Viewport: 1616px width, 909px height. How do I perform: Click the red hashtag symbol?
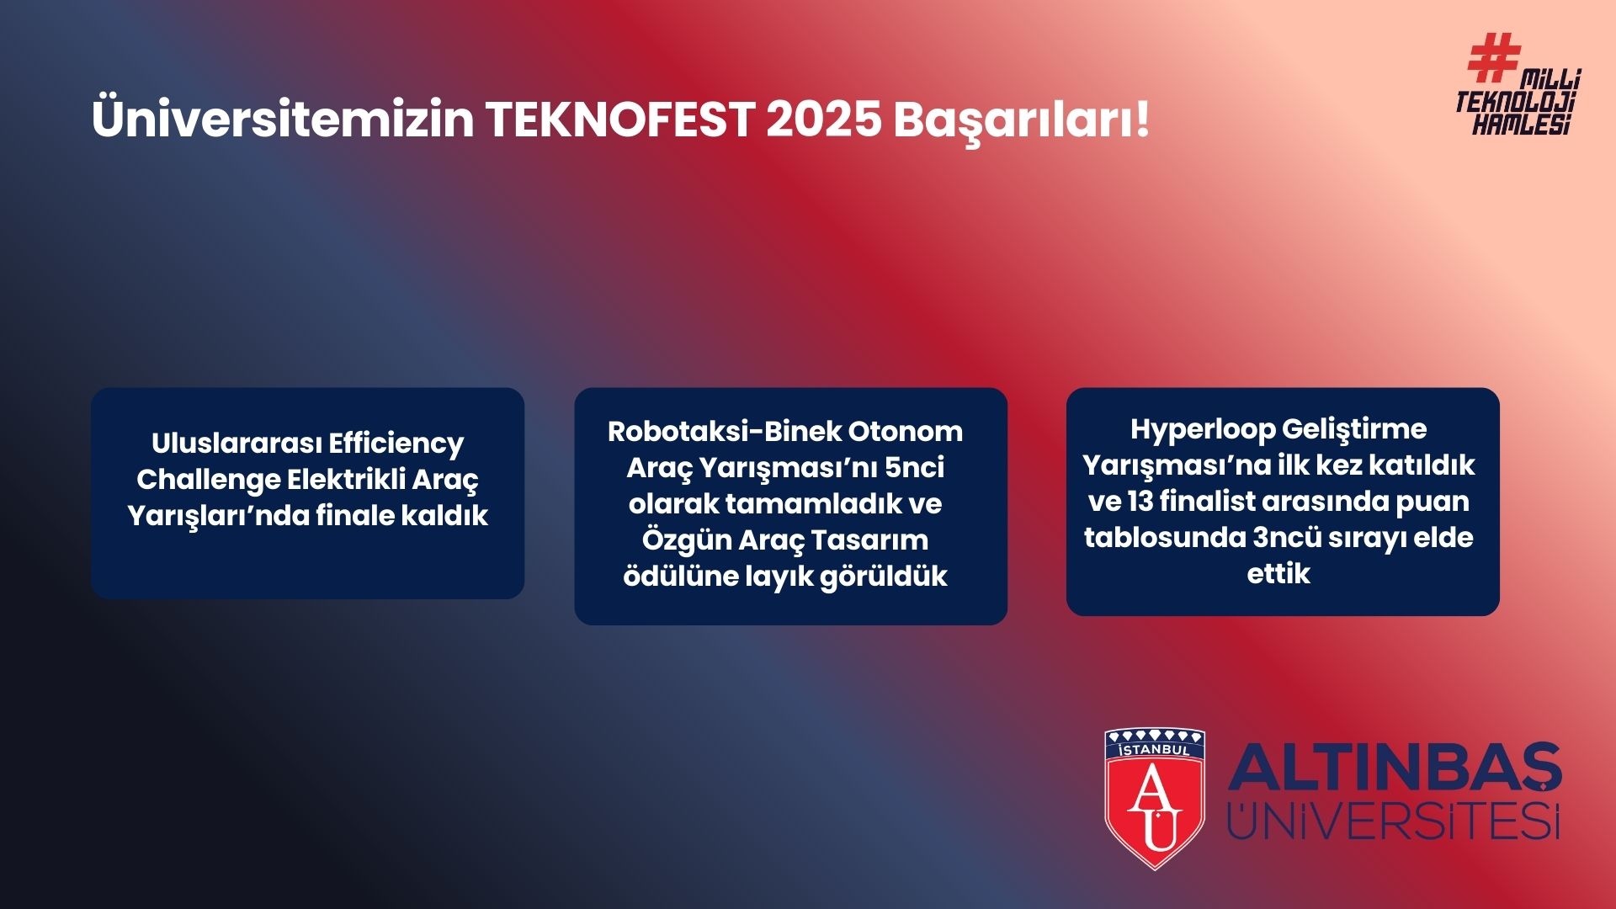click(1494, 57)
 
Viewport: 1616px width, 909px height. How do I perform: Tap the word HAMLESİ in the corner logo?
click(1522, 124)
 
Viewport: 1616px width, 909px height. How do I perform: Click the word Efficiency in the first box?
click(396, 444)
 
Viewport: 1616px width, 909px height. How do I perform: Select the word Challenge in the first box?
click(208, 481)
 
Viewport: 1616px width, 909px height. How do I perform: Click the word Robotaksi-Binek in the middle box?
click(724, 432)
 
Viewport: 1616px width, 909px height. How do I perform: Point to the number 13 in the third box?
click(1140, 502)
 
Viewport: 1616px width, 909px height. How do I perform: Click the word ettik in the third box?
click(1278, 574)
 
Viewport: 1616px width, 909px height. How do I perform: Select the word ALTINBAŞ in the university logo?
click(1395, 768)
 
